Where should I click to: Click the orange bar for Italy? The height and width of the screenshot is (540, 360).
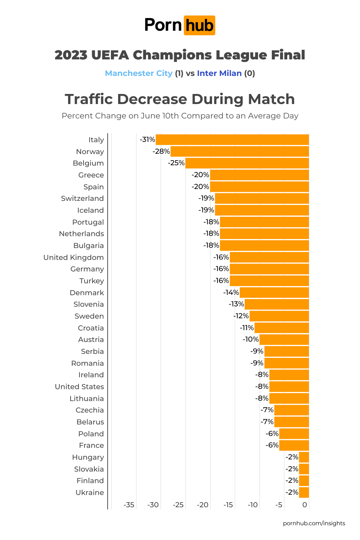click(x=232, y=140)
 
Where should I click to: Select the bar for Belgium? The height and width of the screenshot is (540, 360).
click(x=247, y=163)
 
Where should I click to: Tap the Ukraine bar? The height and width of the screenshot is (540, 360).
click(x=304, y=492)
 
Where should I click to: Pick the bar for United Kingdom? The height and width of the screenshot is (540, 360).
click(x=269, y=257)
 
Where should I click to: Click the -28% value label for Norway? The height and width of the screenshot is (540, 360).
click(x=161, y=152)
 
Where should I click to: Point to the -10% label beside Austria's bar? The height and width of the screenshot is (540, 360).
click(x=251, y=339)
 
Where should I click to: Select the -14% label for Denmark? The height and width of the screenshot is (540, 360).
click(x=231, y=293)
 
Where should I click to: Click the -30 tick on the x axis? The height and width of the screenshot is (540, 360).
click(x=153, y=505)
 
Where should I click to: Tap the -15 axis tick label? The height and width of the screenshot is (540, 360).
click(x=228, y=505)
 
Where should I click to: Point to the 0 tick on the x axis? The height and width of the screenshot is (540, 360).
click(x=305, y=505)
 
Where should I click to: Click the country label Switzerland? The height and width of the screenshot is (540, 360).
click(x=82, y=199)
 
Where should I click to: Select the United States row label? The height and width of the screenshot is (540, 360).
click(x=79, y=387)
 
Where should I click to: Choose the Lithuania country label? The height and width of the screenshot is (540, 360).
click(x=86, y=399)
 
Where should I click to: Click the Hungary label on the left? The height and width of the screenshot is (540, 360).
click(x=88, y=457)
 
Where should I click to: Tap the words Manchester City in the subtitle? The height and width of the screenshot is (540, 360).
click(x=139, y=73)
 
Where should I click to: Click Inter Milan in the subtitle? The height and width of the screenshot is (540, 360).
click(x=219, y=73)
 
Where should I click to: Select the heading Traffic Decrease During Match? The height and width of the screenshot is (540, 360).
click(x=180, y=99)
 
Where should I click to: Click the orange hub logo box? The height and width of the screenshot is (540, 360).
click(x=199, y=25)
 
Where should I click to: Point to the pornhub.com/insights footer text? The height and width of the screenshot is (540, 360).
click(x=314, y=523)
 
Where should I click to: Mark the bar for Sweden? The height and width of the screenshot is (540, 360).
click(x=279, y=316)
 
